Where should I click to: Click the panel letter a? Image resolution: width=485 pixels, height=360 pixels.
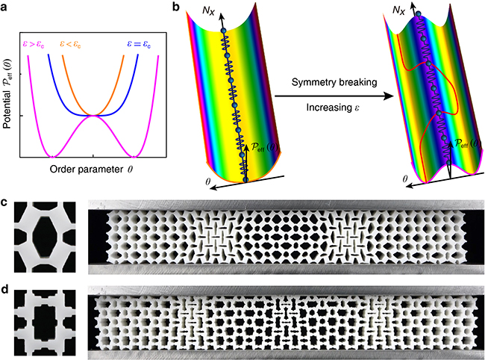click(x=7, y=8)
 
